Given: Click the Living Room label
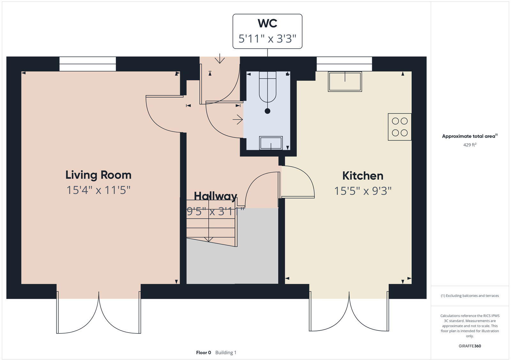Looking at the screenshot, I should pyautogui.click(x=98, y=175).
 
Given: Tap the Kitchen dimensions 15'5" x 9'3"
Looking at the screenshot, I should pyautogui.click(x=363, y=191).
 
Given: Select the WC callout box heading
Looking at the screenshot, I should pyautogui.click(x=267, y=24).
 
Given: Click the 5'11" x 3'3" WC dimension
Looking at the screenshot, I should pyautogui.click(x=267, y=39).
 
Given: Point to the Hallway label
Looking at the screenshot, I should pyautogui.click(x=216, y=196).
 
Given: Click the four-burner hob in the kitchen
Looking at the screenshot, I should pyautogui.click(x=400, y=127).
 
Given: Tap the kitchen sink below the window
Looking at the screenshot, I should pyautogui.click(x=345, y=82).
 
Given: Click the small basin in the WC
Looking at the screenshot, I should pyautogui.click(x=271, y=143).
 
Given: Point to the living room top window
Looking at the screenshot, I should pyautogui.click(x=88, y=64).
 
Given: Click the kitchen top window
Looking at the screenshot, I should pyautogui.click(x=344, y=64).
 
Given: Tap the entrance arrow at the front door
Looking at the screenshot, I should pyautogui.click(x=220, y=59).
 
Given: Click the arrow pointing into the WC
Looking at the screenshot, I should pyautogui.click(x=238, y=120).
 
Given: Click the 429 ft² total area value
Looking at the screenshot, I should pyautogui.click(x=469, y=145).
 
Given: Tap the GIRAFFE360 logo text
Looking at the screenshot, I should pyautogui.click(x=469, y=346).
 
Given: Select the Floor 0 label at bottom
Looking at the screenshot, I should pyautogui.click(x=203, y=353).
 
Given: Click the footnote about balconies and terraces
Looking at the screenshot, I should pyautogui.click(x=469, y=296).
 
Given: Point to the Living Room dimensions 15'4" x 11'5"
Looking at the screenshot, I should pyautogui.click(x=98, y=190).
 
